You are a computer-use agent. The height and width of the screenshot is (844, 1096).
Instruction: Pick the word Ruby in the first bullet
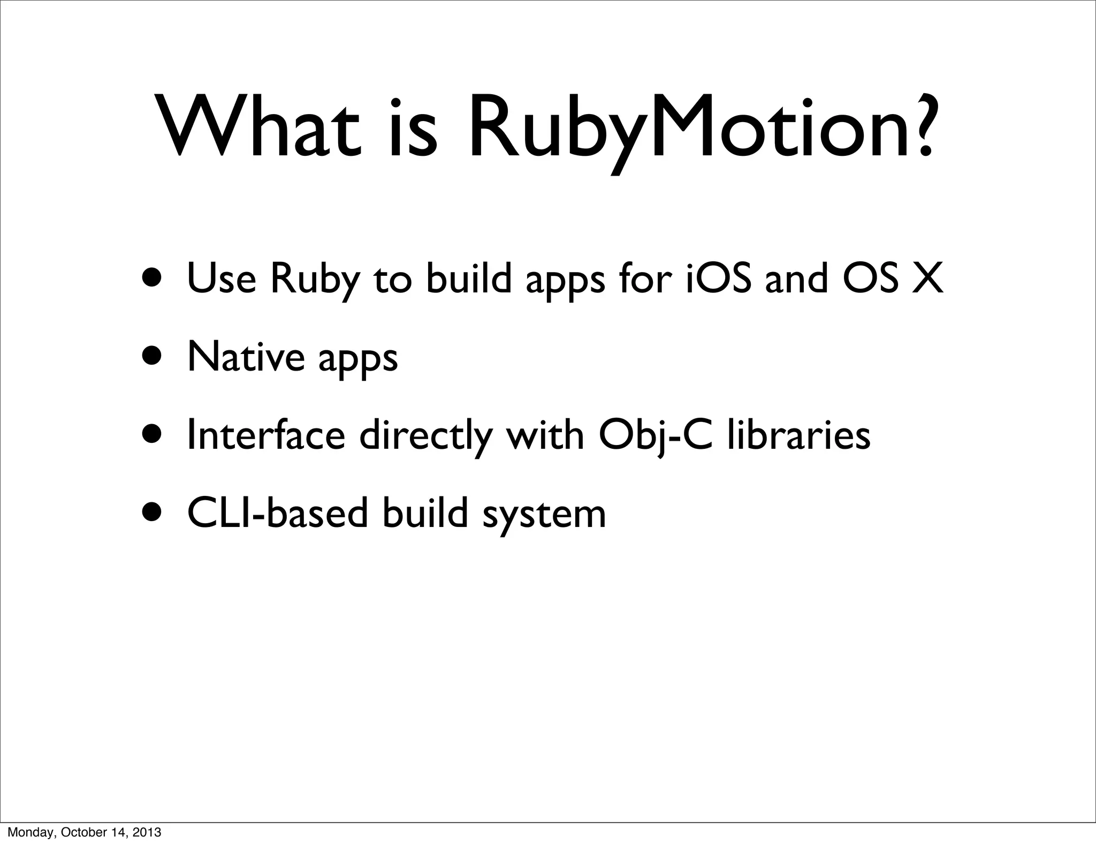pos(315,281)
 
